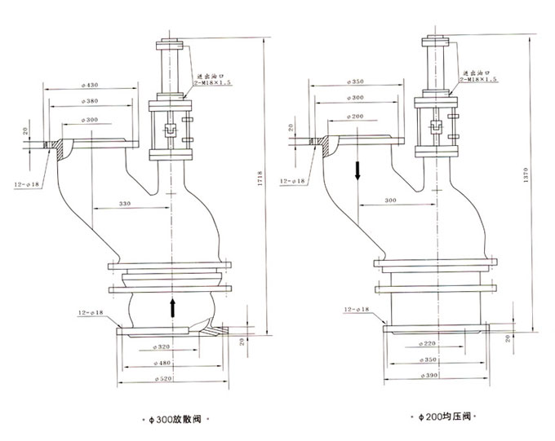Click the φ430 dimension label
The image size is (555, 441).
coord(92,85)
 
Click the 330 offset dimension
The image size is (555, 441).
coord(125,203)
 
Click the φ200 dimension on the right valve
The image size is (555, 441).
coord(353,117)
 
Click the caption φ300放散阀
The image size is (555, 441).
coord(174,420)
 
